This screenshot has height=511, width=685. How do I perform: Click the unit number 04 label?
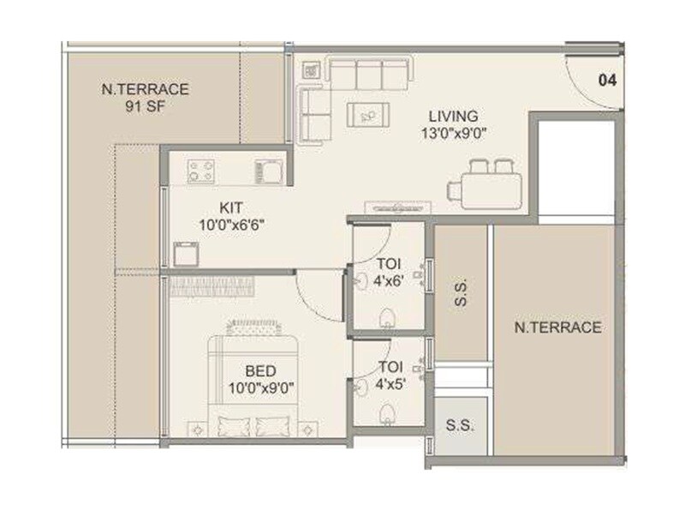(x=607, y=81)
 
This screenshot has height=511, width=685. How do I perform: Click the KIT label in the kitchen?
(x=231, y=207)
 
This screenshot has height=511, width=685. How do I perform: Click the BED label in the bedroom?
(x=259, y=370)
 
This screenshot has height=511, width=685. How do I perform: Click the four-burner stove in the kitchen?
(x=201, y=171)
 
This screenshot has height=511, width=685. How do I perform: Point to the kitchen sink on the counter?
(x=267, y=171)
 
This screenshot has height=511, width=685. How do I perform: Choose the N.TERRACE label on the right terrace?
(x=557, y=328)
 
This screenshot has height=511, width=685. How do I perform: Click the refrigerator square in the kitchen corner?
(x=186, y=254)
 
